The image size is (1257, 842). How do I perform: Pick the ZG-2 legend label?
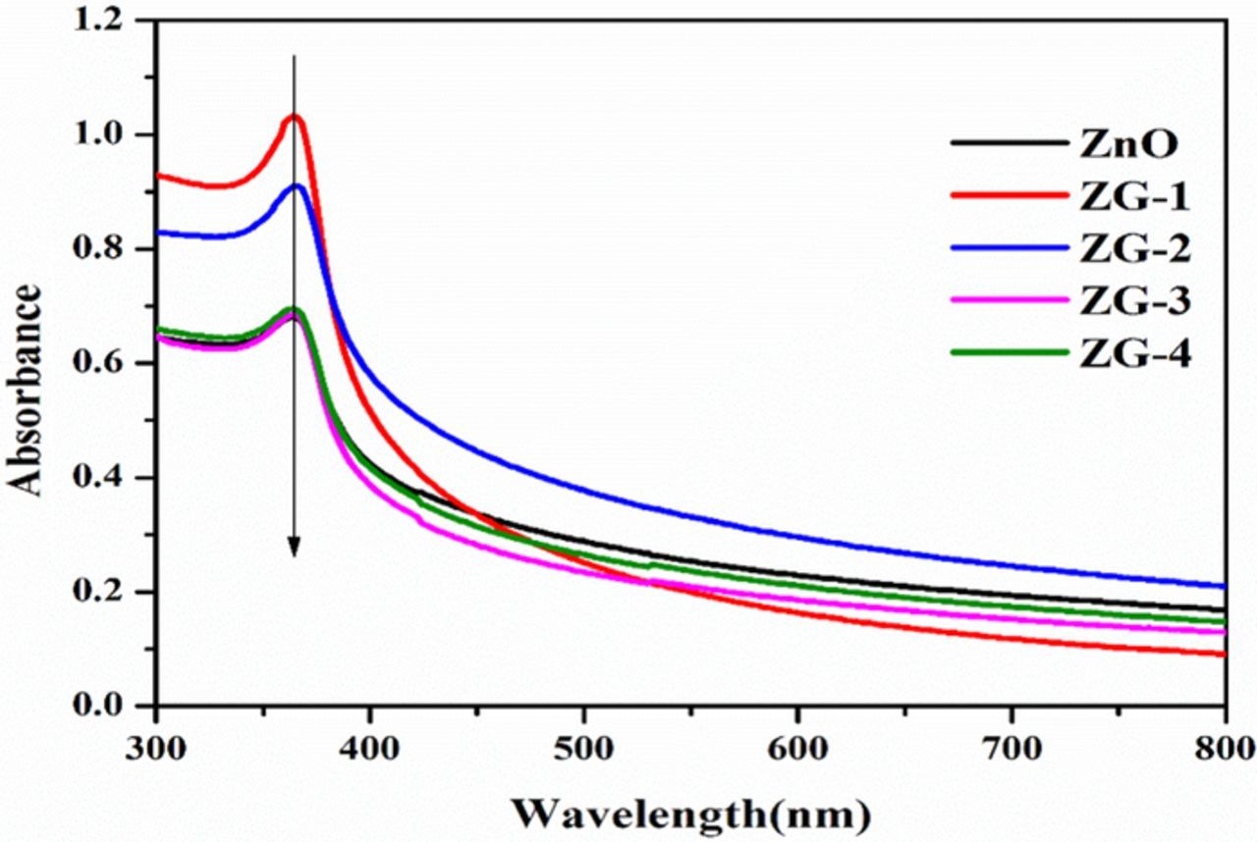[x=1128, y=250]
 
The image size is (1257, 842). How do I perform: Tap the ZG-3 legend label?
[x=1128, y=303]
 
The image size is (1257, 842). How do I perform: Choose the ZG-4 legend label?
[x=1128, y=355]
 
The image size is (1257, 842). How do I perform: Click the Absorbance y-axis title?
[x=27, y=391]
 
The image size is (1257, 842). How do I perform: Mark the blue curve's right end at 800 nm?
[x=1224, y=586]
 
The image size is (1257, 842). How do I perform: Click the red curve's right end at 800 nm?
[x=1224, y=655]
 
